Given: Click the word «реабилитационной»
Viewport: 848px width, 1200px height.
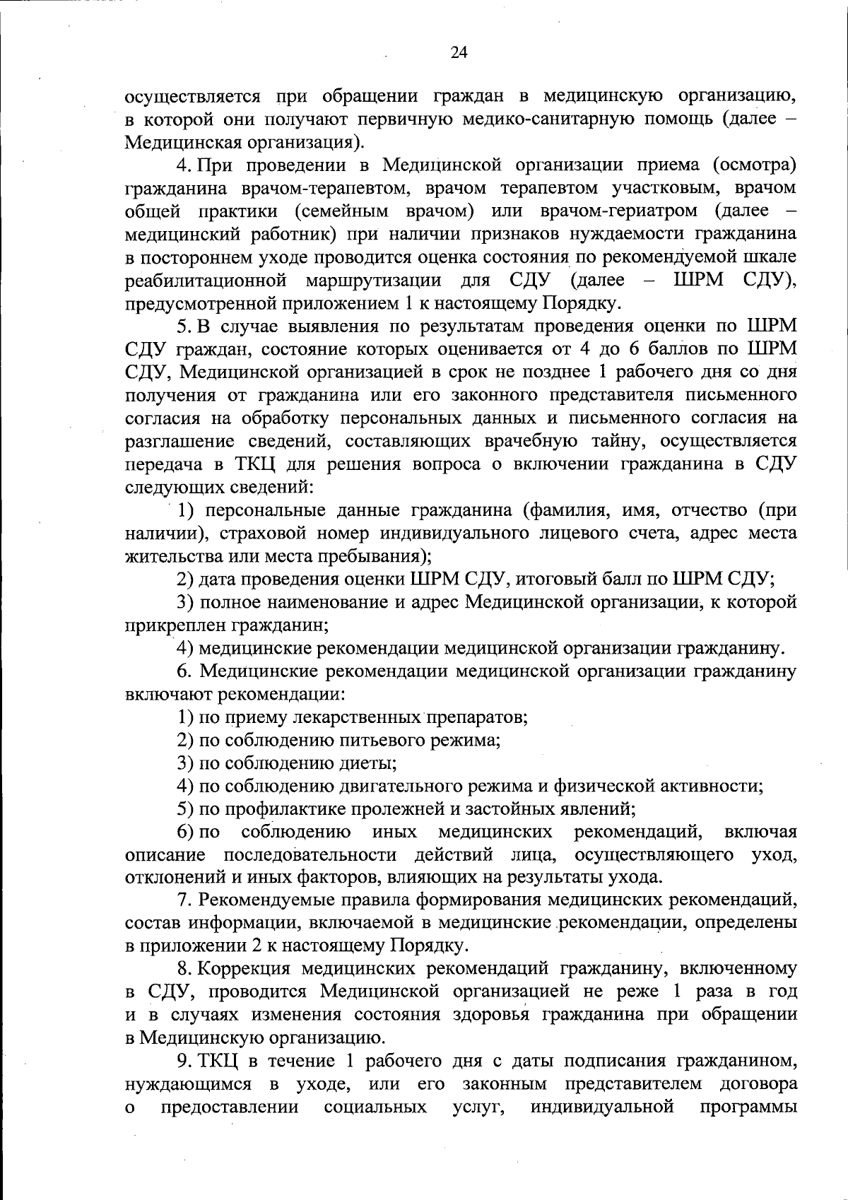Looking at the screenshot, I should (206, 280).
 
